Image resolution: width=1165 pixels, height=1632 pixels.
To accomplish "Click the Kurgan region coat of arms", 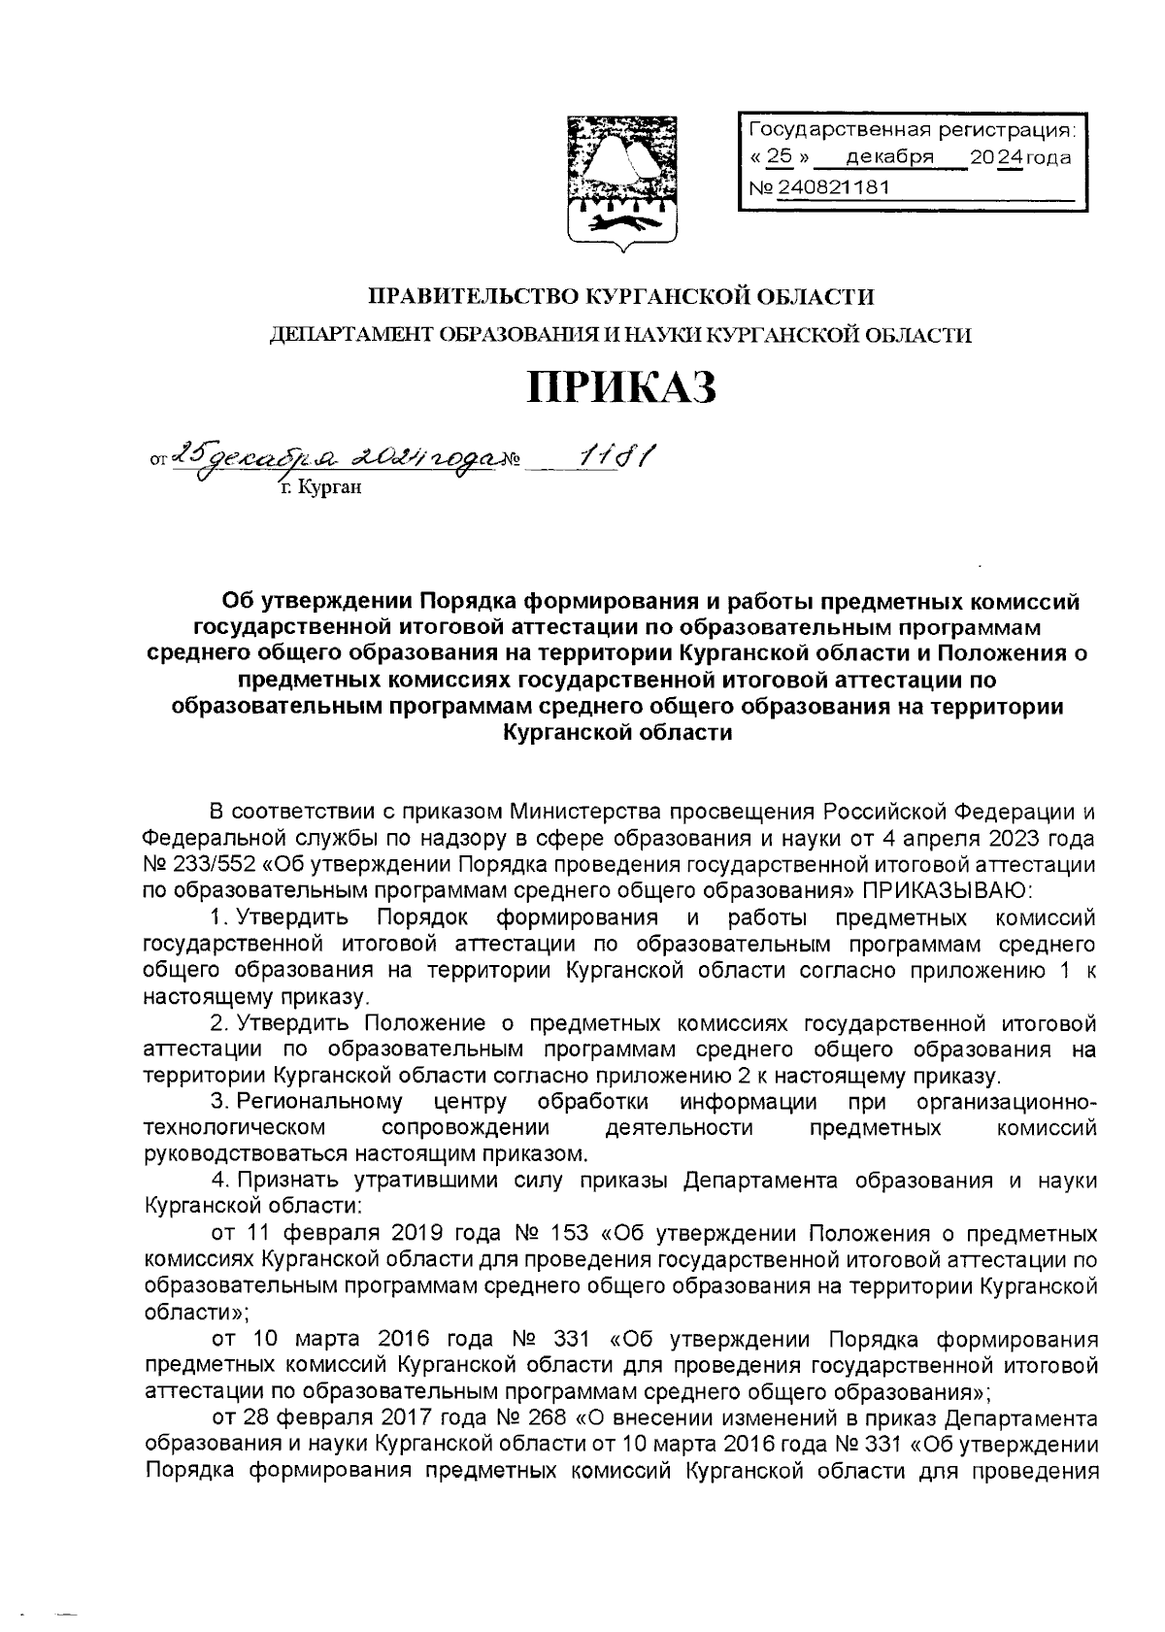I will (623, 179).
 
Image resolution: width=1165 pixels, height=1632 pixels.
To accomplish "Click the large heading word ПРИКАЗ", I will (621, 387).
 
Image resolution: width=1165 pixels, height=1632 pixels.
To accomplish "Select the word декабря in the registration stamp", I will (889, 156).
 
